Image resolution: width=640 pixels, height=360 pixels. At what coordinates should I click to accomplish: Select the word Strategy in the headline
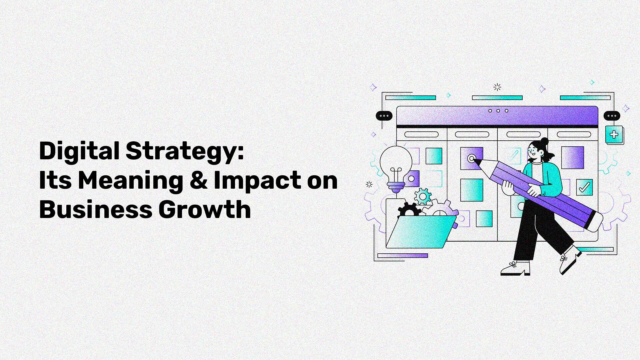pos(185,151)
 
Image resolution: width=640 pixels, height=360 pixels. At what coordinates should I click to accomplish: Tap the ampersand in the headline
pos(198,180)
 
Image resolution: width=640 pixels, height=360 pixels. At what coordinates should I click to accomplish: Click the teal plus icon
pos(614,135)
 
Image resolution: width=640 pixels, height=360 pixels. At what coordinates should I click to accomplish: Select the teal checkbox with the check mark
pos(584,188)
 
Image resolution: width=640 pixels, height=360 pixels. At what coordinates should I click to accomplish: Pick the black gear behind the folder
pos(408,210)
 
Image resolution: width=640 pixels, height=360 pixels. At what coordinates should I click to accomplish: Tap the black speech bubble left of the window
pos(384,116)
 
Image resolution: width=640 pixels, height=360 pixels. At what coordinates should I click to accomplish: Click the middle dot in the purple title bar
pos(498,111)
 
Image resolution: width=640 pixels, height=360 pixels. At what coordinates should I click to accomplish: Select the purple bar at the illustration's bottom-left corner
pos(403,256)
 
